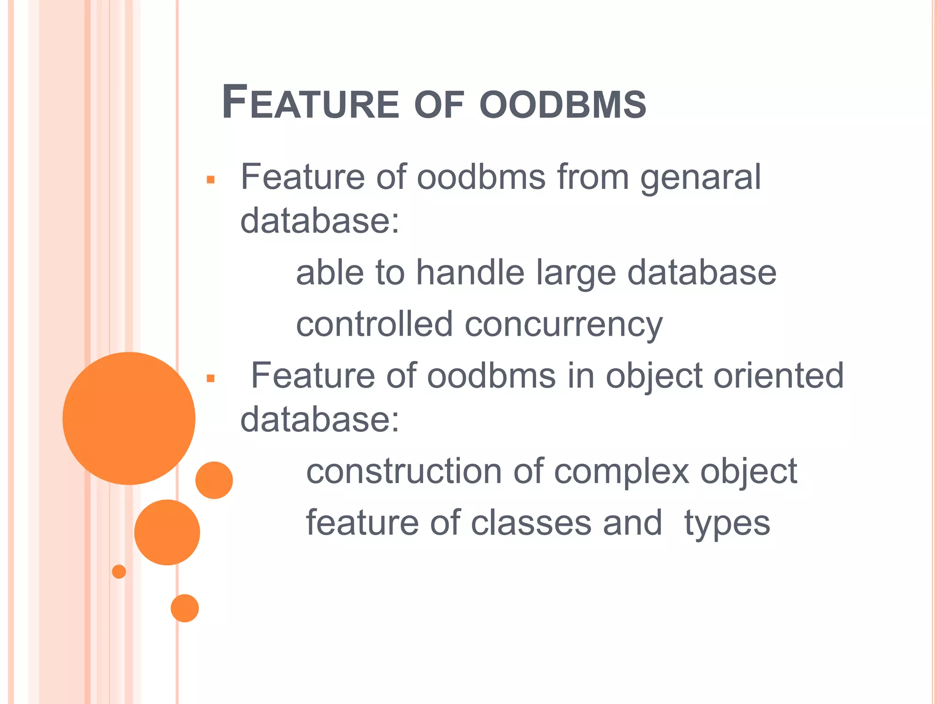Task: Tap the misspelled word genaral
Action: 700,178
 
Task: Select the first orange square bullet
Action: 211,180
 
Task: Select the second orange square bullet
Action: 211,379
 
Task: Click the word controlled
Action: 374,324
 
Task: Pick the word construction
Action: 404,472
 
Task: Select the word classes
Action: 531,523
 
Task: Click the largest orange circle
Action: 129,418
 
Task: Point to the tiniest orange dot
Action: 119,572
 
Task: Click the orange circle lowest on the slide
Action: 185,608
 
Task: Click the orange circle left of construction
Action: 214,480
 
